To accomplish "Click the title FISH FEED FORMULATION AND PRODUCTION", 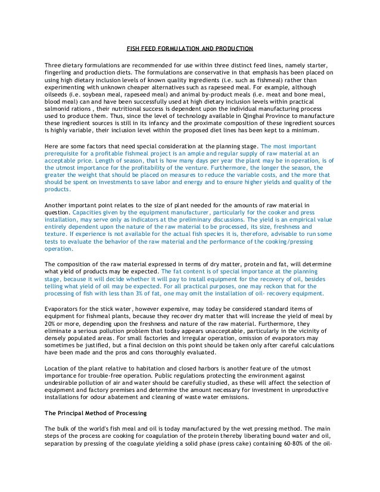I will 190,48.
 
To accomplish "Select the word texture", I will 57,235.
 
